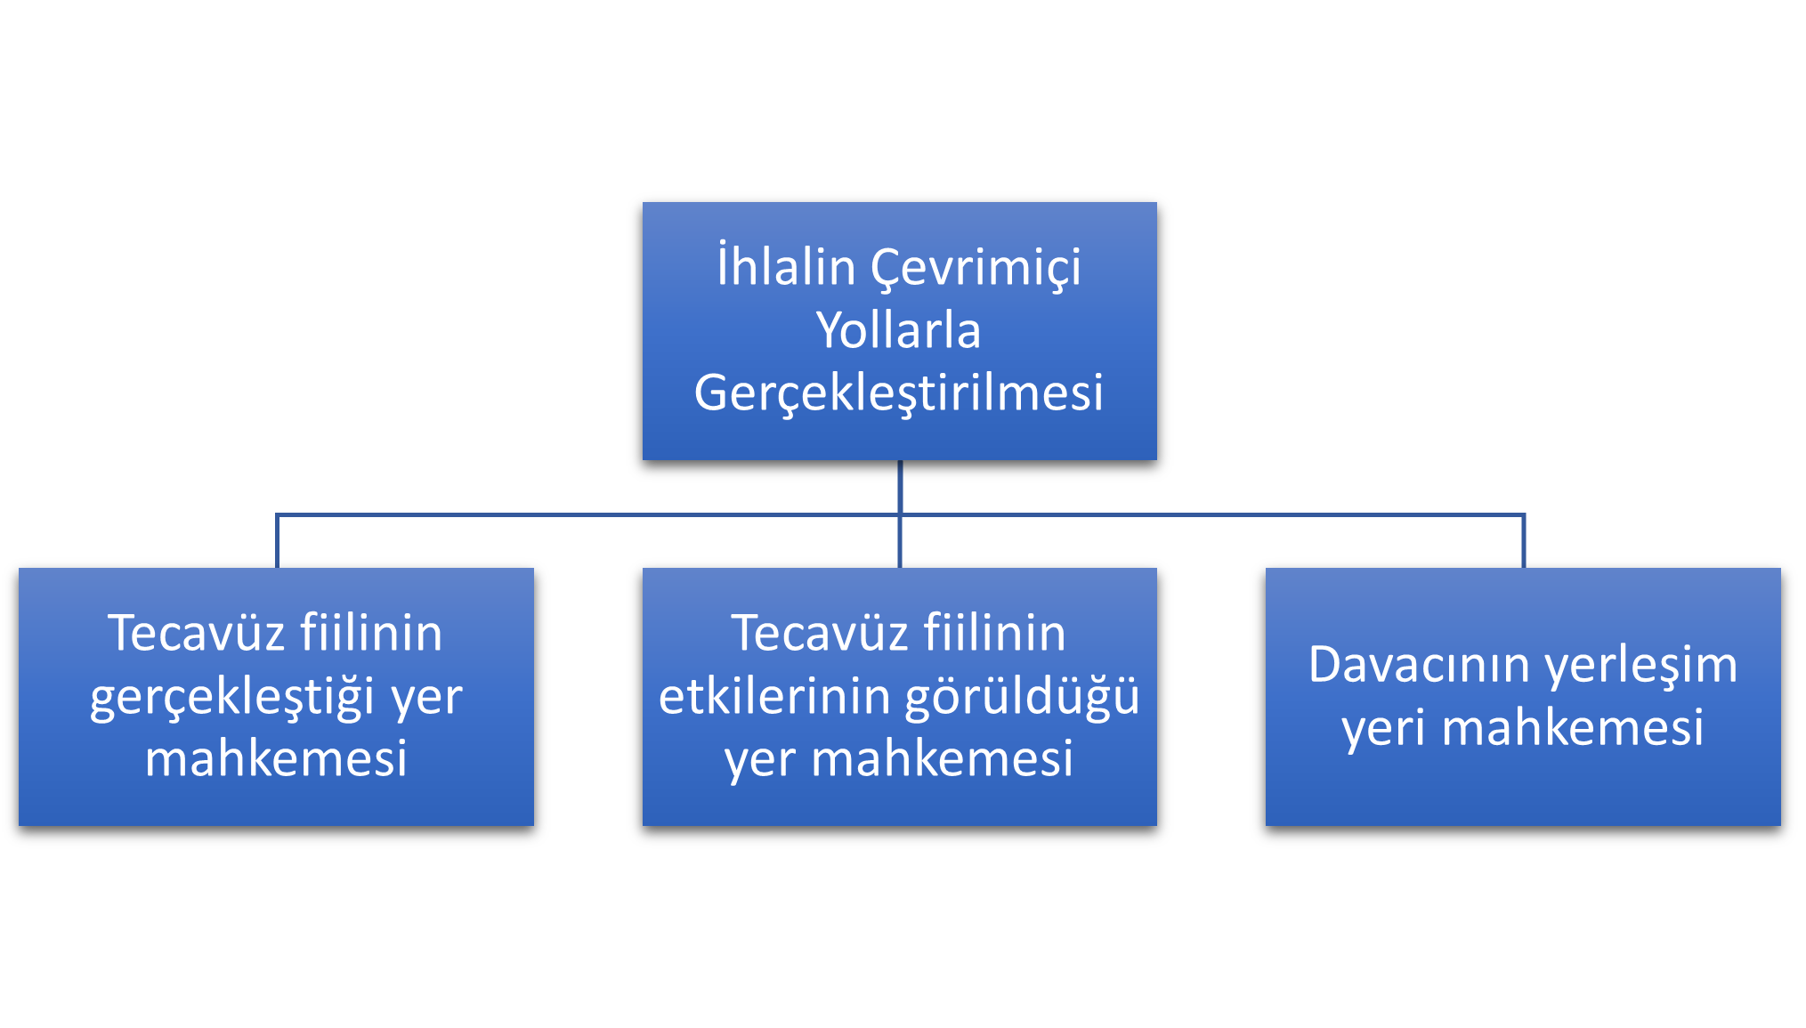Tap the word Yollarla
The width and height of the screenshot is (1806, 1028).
click(898, 329)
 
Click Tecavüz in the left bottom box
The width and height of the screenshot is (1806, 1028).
click(197, 633)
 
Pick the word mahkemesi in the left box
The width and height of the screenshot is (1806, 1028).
click(276, 758)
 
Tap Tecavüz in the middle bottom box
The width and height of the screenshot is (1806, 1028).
click(820, 633)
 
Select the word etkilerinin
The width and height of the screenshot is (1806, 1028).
click(774, 696)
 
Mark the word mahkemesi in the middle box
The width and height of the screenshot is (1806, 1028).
click(942, 758)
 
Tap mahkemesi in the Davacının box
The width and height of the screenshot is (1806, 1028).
click(1573, 727)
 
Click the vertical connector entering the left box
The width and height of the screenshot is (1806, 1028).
click(277, 541)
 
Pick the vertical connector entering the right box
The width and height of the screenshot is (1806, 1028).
click(1523, 541)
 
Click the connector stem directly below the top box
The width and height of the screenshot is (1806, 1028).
click(900, 487)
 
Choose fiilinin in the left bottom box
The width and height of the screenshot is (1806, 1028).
click(371, 633)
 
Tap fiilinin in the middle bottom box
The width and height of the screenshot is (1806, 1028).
click(994, 633)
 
